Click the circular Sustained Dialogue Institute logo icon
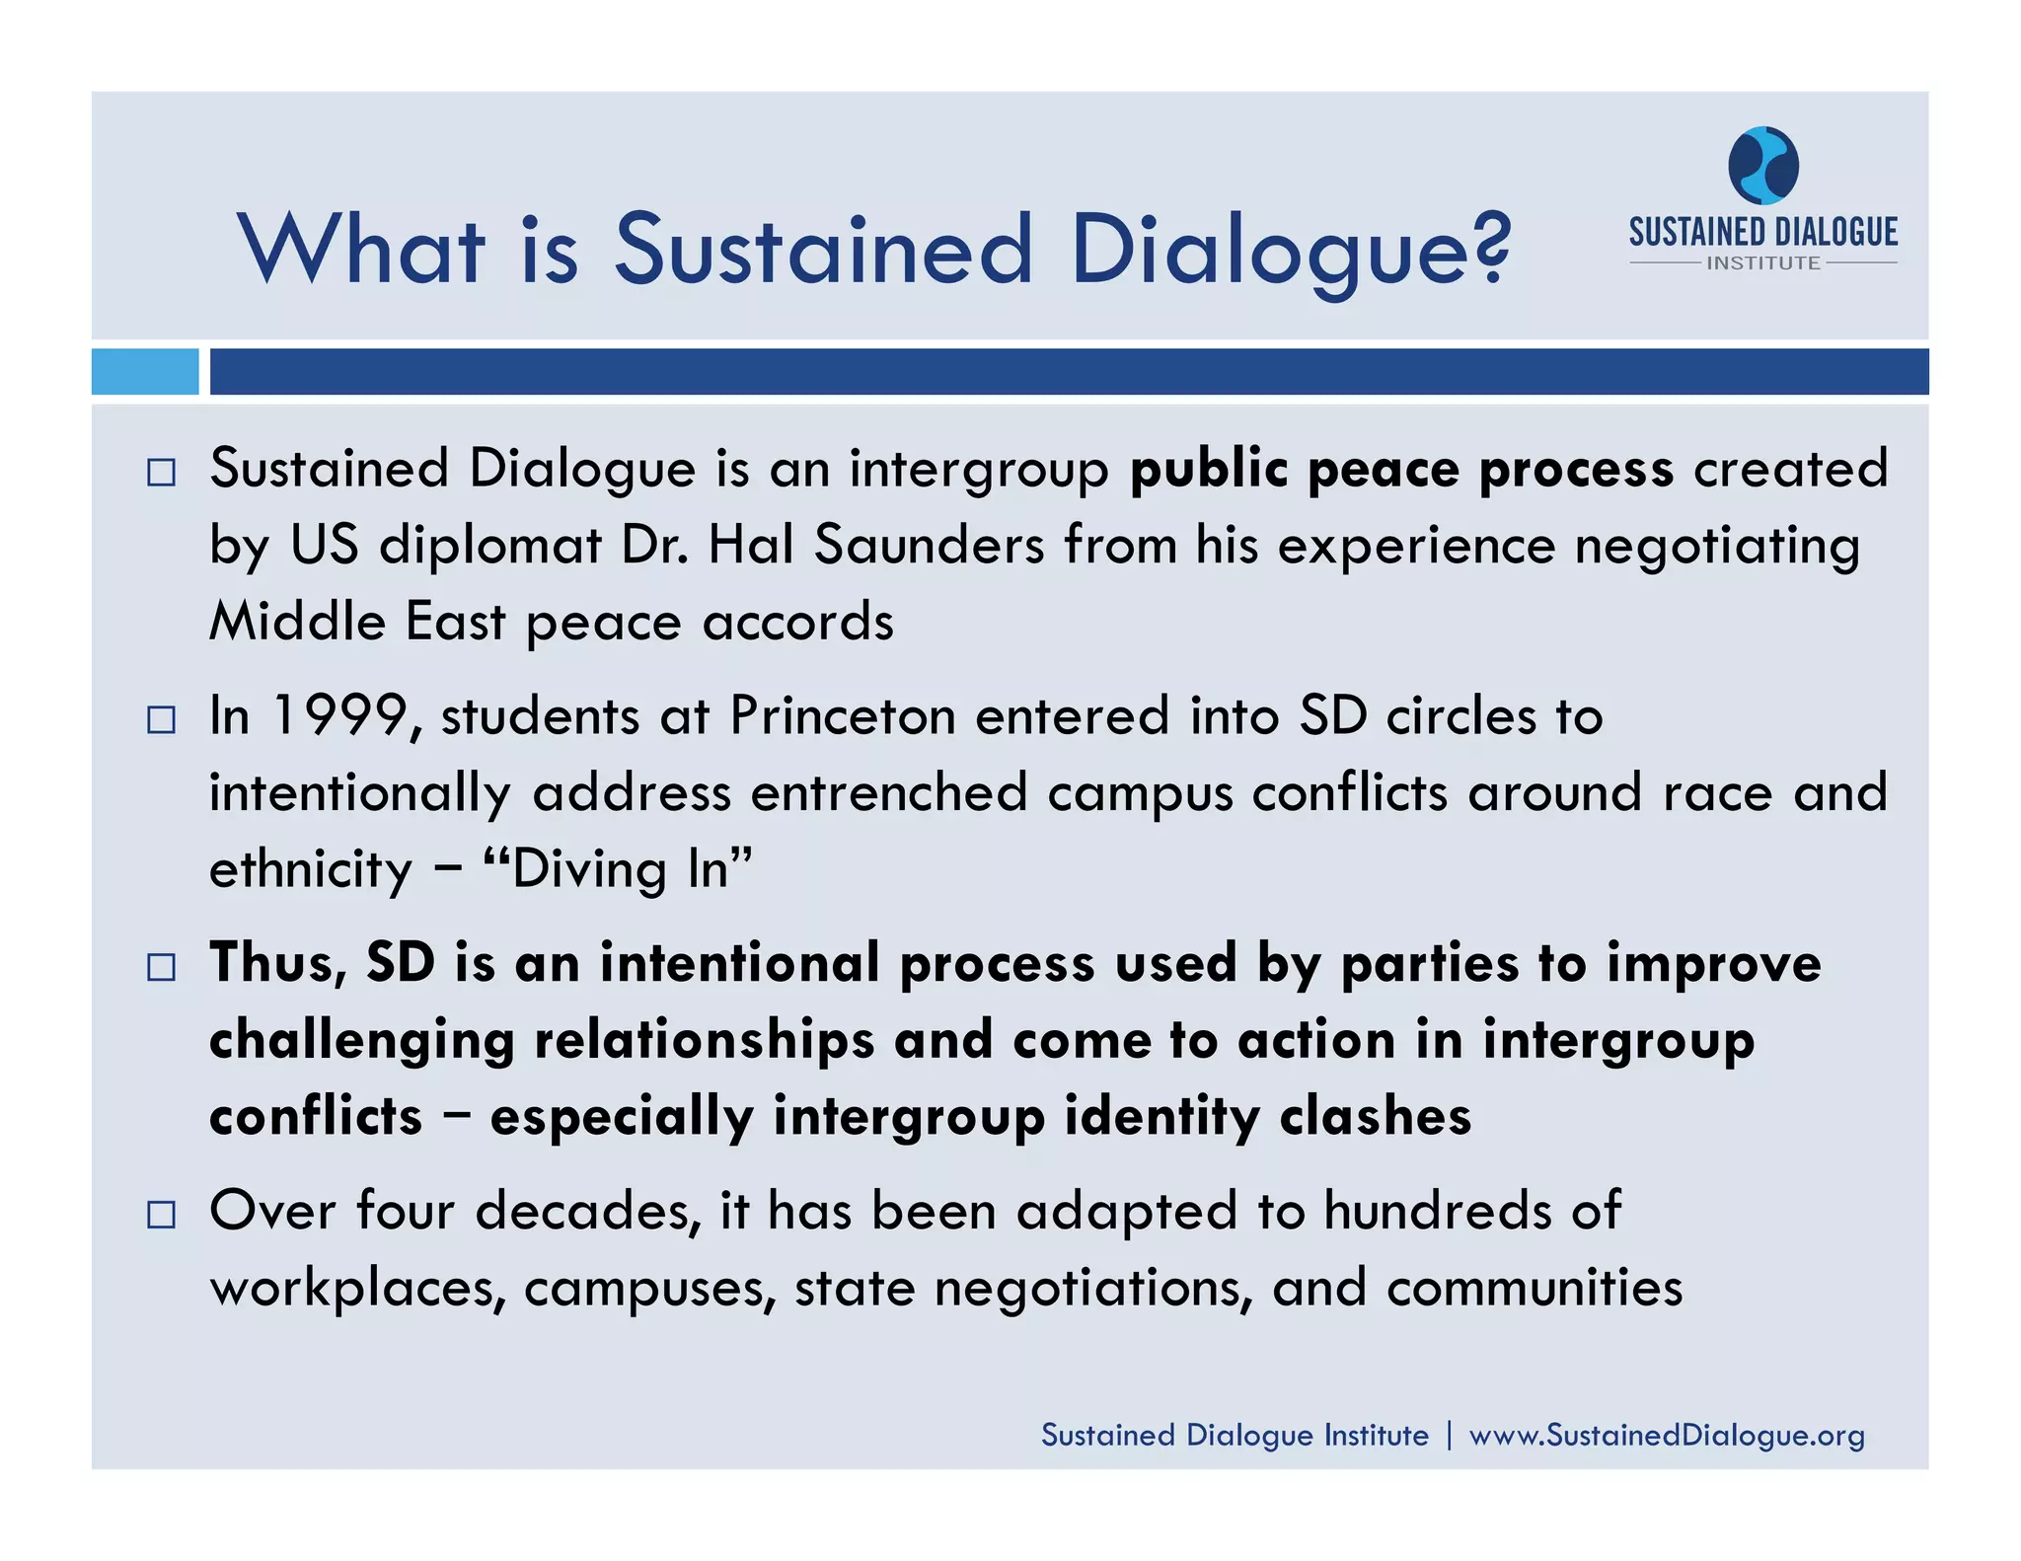pos(1763,165)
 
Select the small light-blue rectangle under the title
pos(145,372)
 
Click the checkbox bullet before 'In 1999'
pos(161,719)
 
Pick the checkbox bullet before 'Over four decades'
pos(161,1214)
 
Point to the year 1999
pos(338,716)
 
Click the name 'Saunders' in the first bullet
pos(929,546)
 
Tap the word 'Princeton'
pos(843,716)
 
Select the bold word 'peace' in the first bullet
pos(1383,470)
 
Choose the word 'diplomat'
pos(490,546)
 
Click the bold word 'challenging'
pos(362,1042)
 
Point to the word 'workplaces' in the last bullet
pos(357,1289)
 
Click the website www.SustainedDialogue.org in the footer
pos(1667,1435)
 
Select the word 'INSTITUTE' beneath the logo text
pos(1763,263)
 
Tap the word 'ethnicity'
pos(311,870)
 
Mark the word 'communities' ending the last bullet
pos(1534,1289)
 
